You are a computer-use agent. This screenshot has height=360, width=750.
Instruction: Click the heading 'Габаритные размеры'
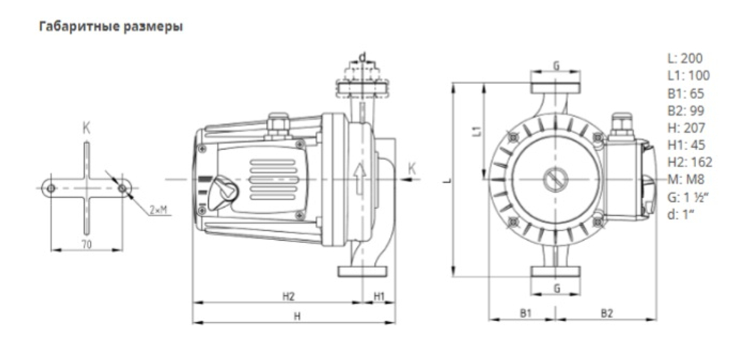(110, 26)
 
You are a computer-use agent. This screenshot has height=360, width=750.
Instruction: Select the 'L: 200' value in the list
(685, 58)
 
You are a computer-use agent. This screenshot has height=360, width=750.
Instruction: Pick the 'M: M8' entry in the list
(685, 178)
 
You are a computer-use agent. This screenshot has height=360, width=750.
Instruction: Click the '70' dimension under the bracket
(87, 245)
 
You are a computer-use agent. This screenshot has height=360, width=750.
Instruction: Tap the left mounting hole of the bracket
(51, 188)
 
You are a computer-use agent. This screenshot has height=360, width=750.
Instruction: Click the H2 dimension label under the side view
(288, 296)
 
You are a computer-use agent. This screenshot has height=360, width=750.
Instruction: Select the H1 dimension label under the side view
(379, 296)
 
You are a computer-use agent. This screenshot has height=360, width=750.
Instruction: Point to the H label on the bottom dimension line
(297, 316)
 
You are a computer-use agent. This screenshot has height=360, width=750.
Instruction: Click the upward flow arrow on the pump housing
(360, 178)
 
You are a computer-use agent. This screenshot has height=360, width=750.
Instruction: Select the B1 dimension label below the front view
(525, 311)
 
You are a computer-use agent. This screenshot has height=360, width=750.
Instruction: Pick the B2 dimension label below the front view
(607, 311)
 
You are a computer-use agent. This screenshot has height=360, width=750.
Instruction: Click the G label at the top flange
(556, 66)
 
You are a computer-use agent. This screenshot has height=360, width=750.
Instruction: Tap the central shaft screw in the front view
(556, 180)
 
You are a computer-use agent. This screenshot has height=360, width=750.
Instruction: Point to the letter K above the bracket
(86, 128)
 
